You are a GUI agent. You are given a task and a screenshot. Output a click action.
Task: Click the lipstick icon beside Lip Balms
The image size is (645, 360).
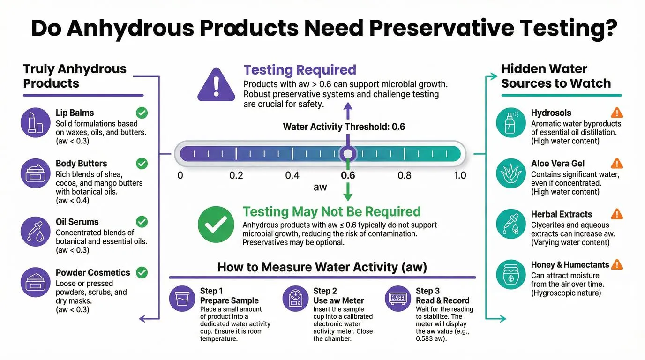(x=36, y=122)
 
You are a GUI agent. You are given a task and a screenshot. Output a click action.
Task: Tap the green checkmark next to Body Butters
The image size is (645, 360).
(x=142, y=163)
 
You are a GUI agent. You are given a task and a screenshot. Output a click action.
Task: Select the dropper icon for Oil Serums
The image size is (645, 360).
(x=36, y=232)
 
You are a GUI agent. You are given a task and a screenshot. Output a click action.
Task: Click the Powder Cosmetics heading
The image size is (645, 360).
(x=93, y=272)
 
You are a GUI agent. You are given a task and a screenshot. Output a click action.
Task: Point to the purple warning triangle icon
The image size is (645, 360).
(x=216, y=85)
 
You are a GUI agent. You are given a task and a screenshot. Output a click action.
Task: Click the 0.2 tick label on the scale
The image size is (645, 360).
(x=236, y=175)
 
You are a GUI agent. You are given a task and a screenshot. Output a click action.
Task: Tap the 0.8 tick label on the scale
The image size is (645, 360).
(x=404, y=175)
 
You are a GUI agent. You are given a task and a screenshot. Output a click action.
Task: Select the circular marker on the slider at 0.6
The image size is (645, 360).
(x=348, y=153)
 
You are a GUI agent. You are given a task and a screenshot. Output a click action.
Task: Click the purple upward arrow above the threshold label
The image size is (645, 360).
(x=348, y=111)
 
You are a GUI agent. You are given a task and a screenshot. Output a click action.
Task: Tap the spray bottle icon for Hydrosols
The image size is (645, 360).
(x=511, y=122)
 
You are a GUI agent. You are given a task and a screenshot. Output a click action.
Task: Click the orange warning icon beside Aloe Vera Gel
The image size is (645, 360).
(x=617, y=163)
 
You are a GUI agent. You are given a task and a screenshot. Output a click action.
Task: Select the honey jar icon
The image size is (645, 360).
(x=511, y=274)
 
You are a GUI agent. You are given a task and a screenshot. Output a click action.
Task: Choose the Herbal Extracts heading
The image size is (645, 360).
(x=562, y=214)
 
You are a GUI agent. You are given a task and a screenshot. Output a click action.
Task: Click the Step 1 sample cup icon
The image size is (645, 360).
(x=182, y=299)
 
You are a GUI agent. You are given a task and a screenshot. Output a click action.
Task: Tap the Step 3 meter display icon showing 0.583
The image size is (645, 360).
(x=398, y=299)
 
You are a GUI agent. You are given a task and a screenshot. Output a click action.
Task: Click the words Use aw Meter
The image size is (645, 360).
(x=339, y=300)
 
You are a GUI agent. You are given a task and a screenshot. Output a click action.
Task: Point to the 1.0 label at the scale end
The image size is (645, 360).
(x=460, y=175)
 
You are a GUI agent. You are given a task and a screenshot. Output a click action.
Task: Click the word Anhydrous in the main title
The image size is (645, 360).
(x=130, y=29)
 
